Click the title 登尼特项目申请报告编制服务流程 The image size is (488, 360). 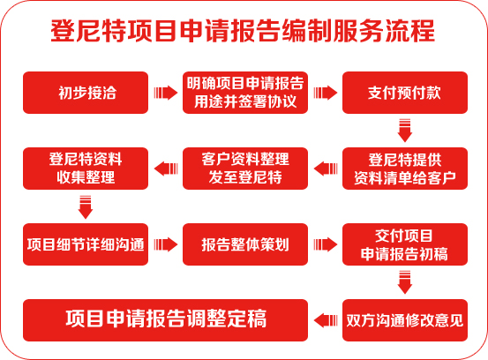pyautogui.click(x=243, y=31)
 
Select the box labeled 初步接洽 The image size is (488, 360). pyautogui.click(x=86, y=93)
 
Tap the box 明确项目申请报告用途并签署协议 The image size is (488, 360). pyautogui.click(x=245, y=93)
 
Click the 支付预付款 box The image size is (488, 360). pyautogui.click(x=405, y=93)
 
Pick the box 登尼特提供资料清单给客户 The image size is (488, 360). pyautogui.click(x=405, y=169)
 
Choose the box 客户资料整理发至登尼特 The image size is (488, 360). pyautogui.click(x=245, y=169)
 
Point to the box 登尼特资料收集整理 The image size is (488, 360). pyautogui.click(x=86, y=169)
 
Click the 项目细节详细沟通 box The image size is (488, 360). pyautogui.click(x=86, y=244)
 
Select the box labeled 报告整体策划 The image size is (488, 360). pyautogui.click(x=245, y=244)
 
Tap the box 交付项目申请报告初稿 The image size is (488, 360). pyautogui.click(x=405, y=244)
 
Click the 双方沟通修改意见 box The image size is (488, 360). pyautogui.click(x=405, y=320)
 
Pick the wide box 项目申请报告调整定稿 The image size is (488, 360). pyautogui.click(x=165, y=320)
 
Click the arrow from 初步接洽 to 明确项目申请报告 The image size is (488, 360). pyautogui.click(x=166, y=93)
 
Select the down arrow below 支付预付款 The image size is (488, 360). pyautogui.click(x=405, y=131)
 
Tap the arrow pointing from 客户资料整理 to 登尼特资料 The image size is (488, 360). pyautogui.click(x=166, y=169)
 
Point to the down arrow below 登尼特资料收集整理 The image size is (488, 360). pyautogui.click(x=86, y=207)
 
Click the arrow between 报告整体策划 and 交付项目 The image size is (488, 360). pyautogui.click(x=326, y=244)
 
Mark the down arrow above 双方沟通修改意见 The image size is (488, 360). pyautogui.click(x=405, y=282)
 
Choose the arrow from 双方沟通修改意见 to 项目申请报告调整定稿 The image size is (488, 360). pyautogui.click(x=326, y=320)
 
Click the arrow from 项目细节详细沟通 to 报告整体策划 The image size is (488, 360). pyautogui.click(x=166, y=244)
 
